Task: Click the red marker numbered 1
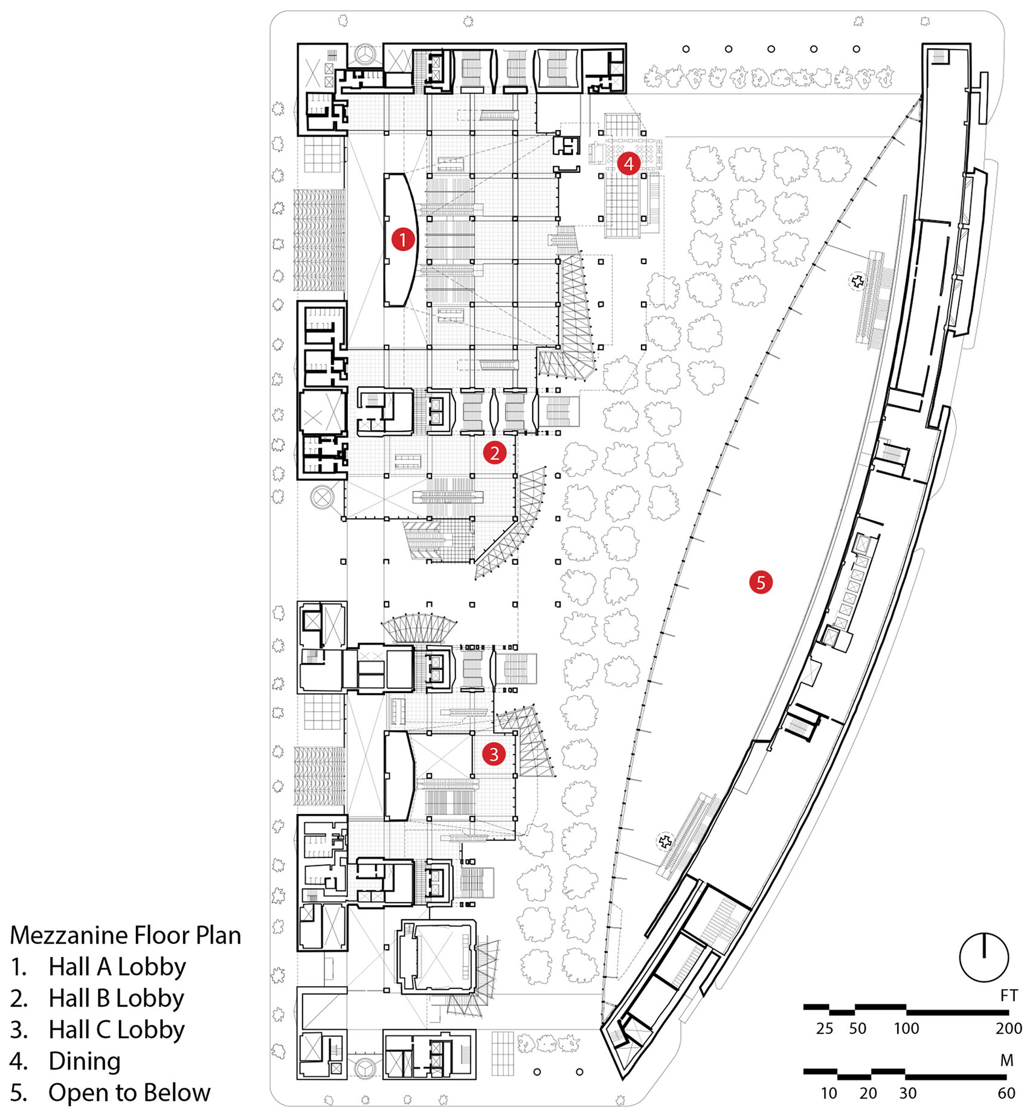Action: click(x=403, y=239)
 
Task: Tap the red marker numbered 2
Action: click(x=494, y=453)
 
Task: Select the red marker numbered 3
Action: click(x=494, y=753)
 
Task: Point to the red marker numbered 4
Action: click(x=628, y=163)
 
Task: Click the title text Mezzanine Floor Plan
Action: click(x=126, y=935)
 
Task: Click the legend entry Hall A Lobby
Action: click(x=117, y=967)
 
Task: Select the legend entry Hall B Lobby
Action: click(x=116, y=998)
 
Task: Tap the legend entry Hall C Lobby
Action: click(x=116, y=1030)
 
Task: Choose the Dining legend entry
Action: click(x=84, y=1061)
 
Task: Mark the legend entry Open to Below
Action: click(x=129, y=1092)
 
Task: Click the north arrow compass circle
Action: click(x=984, y=957)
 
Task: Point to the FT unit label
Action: click(x=1008, y=995)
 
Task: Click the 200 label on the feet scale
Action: click(x=1008, y=1028)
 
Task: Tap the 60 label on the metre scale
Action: click(x=1006, y=1093)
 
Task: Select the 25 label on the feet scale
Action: click(x=824, y=1028)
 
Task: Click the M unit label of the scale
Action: click(x=1006, y=1060)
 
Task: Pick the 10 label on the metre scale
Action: click(x=828, y=1093)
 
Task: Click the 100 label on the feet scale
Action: click(x=906, y=1028)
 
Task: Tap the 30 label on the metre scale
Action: click(x=907, y=1093)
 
